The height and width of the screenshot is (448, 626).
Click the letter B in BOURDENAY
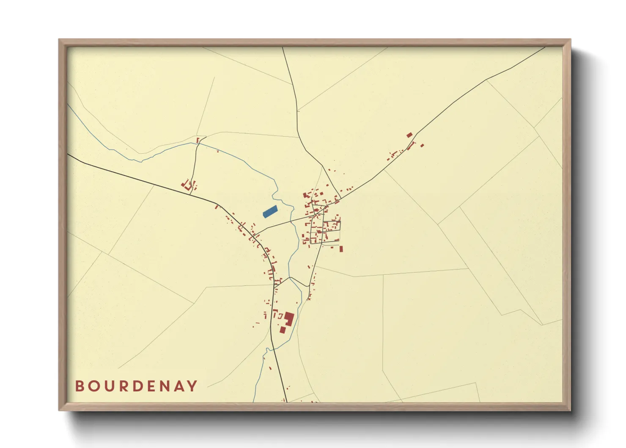79,386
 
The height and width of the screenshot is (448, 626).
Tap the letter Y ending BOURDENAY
192,386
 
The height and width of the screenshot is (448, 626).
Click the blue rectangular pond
270,211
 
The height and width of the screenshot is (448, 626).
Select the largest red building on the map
289,318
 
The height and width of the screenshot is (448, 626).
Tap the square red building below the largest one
283,329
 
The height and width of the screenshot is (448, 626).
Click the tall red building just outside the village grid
341,249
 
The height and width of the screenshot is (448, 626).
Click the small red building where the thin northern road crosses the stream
198,140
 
